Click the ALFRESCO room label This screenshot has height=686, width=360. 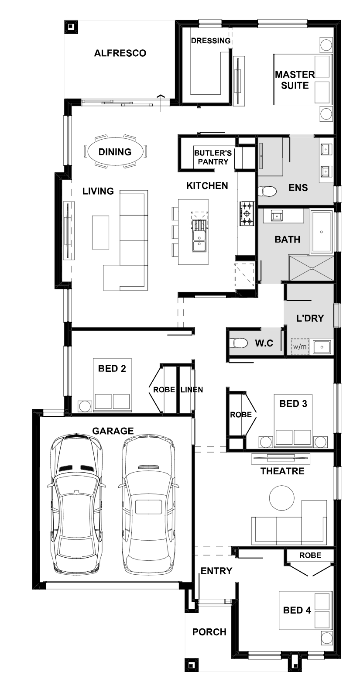[120, 53]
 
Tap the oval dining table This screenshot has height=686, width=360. [115, 151]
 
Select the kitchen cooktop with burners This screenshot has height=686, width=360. [247, 213]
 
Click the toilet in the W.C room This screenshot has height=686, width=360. [238, 343]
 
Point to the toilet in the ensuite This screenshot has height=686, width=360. [267, 192]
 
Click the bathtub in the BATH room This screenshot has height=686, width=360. [322, 232]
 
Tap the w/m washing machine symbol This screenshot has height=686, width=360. [300, 346]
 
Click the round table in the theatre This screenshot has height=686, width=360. [281, 498]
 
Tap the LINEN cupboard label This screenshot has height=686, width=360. [192, 390]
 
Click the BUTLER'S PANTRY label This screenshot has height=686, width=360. [213, 157]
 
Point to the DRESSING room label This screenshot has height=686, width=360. [211, 41]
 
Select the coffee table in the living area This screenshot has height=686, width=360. [100, 232]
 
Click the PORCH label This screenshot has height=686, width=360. [209, 632]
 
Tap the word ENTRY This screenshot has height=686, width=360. [216, 571]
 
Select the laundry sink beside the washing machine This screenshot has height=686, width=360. [321, 346]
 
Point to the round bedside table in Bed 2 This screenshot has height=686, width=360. [85, 406]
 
